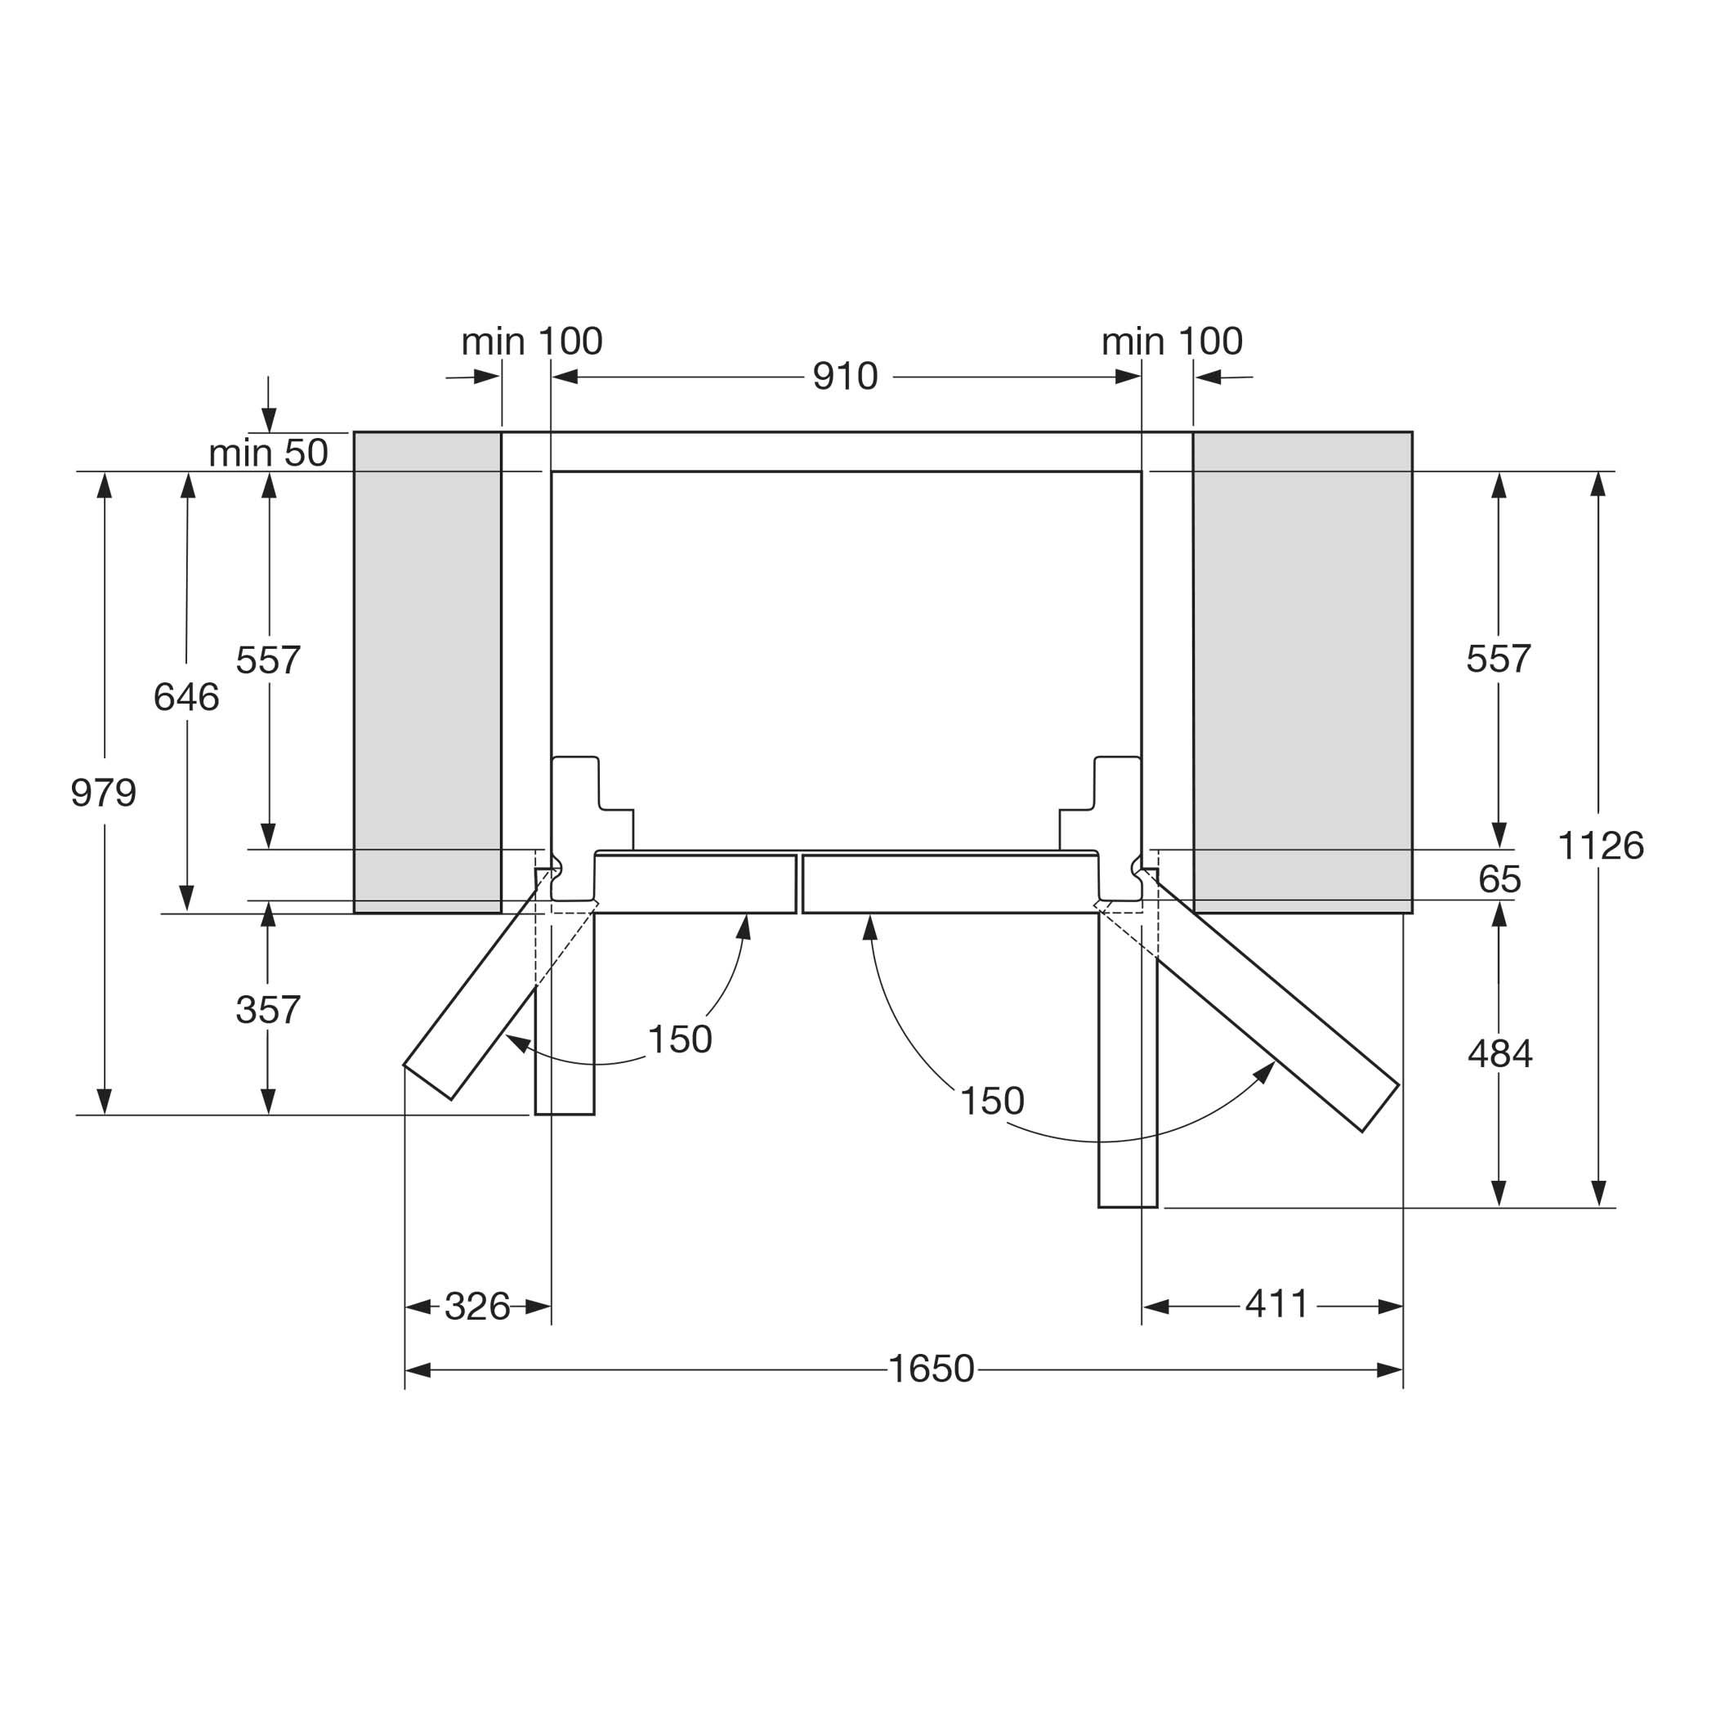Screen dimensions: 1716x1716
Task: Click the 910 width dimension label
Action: pos(845,378)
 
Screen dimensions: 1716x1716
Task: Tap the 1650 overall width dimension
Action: pos(931,1369)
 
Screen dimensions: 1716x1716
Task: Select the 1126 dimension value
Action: pos(1601,846)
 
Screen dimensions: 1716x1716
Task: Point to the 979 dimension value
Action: pos(104,793)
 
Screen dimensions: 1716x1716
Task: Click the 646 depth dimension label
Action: pos(186,697)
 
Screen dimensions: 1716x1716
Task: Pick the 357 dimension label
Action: pos(268,1010)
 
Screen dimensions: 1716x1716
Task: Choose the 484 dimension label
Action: pos(1500,1054)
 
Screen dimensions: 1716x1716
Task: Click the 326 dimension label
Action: pos(477,1307)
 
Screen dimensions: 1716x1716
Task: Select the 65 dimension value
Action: pos(1500,879)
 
